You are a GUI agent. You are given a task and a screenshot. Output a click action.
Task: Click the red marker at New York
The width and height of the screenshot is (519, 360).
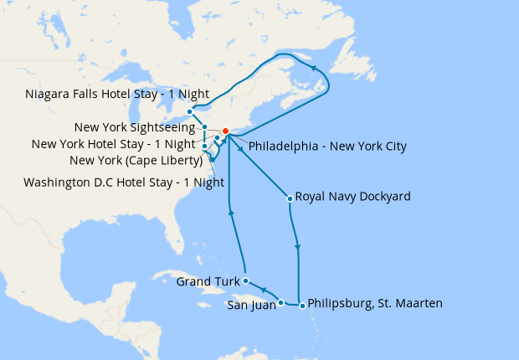[225, 131]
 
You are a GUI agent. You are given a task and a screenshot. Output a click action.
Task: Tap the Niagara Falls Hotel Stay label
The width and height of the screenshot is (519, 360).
[117, 94]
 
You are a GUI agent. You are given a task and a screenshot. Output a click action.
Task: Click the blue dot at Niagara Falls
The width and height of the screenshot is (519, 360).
[190, 111]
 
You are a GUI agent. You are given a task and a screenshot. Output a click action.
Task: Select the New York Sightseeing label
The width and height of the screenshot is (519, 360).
[136, 128]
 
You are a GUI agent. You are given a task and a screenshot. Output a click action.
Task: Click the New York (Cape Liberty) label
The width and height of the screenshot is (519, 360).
[134, 160]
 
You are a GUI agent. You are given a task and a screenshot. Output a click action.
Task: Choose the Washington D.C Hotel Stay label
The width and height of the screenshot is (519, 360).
[124, 182]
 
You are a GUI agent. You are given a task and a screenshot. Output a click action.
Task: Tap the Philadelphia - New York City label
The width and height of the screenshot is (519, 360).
[327, 147]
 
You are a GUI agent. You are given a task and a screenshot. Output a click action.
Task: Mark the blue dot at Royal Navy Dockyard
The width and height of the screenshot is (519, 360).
[289, 198]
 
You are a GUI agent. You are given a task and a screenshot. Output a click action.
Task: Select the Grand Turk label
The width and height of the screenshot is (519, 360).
[207, 281]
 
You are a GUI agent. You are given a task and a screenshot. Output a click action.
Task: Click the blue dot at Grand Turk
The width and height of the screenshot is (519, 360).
[245, 280]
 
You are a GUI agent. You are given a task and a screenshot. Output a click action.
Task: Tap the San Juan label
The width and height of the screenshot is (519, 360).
[250, 305]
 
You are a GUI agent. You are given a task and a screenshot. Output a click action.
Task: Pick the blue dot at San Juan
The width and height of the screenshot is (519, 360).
[281, 303]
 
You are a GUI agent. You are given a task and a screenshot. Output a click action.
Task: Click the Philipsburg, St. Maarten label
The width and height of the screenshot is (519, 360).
[375, 303]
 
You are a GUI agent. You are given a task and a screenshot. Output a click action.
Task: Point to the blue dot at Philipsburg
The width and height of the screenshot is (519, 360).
[301, 303]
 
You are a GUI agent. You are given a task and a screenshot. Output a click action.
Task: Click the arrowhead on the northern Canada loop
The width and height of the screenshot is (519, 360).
[313, 68]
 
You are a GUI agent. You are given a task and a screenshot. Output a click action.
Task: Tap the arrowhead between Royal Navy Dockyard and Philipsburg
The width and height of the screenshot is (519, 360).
[298, 248]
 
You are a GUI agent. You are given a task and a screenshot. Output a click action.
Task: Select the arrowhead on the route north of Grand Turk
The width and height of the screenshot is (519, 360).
[232, 213]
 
